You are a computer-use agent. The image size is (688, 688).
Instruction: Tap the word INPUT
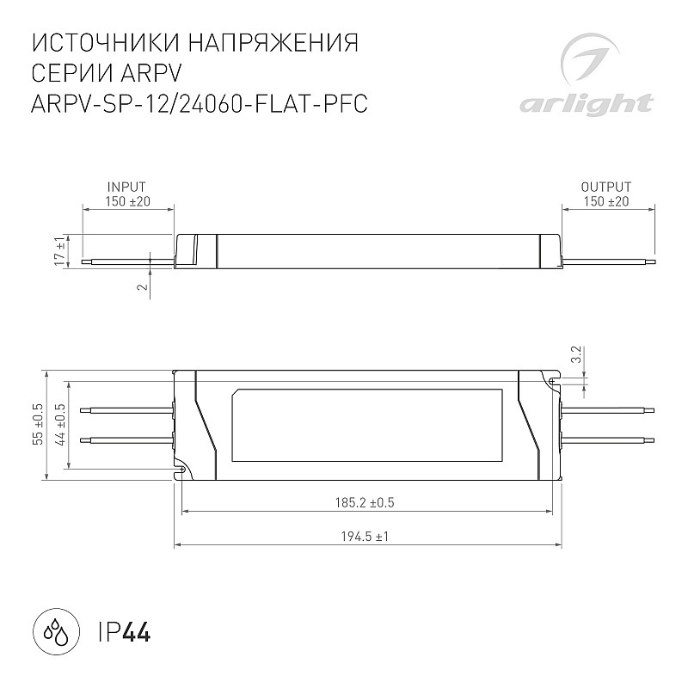coord(126,187)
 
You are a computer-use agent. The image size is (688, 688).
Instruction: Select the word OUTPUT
coord(606,187)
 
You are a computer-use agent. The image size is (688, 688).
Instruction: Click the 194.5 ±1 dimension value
coord(365,536)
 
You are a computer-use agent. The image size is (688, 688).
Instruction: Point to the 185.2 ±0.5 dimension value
coord(365,502)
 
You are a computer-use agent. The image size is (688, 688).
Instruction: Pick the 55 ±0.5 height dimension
coord(39,424)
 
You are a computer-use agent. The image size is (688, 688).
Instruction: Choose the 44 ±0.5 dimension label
coord(61,424)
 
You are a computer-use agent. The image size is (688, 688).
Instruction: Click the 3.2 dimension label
coord(577,354)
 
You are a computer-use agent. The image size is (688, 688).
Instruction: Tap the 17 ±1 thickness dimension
coord(60,251)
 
